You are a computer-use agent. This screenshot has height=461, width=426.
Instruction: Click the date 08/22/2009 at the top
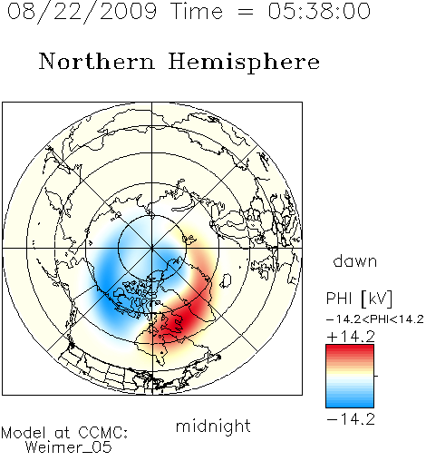(x=82, y=12)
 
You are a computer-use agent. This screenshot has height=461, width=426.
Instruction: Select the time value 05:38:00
(x=319, y=11)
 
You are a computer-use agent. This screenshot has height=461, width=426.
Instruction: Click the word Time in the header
(x=197, y=11)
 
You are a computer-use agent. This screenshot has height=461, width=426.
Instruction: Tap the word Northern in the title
(x=96, y=61)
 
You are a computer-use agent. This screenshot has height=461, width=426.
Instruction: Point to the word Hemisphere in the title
(x=244, y=63)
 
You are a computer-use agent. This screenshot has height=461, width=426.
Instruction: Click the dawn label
(x=355, y=260)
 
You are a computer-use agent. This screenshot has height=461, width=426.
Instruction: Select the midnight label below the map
(x=213, y=426)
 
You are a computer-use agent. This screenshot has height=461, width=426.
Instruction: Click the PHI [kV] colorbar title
(x=359, y=299)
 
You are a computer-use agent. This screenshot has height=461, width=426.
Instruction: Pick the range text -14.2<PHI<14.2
(x=375, y=319)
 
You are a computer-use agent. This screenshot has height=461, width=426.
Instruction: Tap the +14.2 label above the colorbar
(x=351, y=337)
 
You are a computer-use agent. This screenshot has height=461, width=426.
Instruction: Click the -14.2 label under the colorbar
(x=351, y=419)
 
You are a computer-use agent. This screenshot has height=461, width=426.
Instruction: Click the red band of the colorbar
(x=350, y=351)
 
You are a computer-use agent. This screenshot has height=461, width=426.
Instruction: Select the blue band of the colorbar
(x=350, y=401)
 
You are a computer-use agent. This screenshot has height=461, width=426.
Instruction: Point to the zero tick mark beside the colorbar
(x=376, y=376)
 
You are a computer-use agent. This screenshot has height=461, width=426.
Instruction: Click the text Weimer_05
(x=68, y=446)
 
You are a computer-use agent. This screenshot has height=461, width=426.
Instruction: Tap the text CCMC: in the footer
(x=102, y=433)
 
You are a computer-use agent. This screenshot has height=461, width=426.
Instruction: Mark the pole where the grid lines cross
(x=152, y=248)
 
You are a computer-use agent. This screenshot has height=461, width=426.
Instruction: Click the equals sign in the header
(x=245, y=13)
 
